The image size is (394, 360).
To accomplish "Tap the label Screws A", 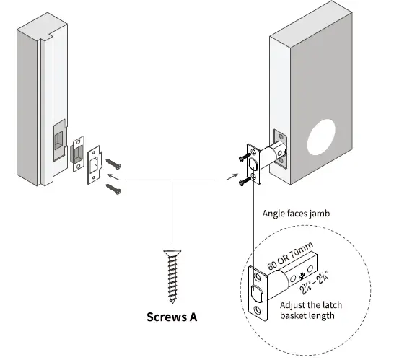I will point(172,317).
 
